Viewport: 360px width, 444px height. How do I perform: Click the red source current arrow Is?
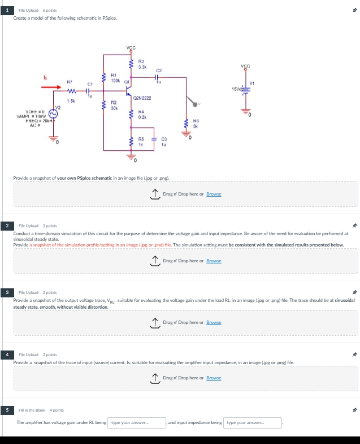pos(51,87)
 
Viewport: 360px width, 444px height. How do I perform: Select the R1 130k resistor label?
pos(115,78)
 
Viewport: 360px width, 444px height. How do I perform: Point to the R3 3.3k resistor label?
pos(142,64)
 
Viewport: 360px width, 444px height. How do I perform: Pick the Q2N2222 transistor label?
pos(142,98)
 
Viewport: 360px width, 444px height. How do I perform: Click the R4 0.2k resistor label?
pos(142,114)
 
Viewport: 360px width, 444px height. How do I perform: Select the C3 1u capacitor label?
pos(164,142)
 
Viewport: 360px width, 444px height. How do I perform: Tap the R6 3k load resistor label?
pos(196,123)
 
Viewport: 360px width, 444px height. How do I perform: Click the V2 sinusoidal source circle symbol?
pos(53,114)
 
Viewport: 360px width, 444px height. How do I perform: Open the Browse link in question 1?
pos(214,194)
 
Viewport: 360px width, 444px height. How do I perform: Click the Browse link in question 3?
pos(214,323)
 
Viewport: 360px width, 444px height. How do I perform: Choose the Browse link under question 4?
pos(214,378)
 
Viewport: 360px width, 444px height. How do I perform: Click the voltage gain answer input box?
pos(137,423)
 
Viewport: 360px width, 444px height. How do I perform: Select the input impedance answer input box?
pos(253,423)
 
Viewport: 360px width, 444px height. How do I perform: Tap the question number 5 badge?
pos(7,410)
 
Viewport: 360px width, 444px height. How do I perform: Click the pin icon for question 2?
pos(355,226)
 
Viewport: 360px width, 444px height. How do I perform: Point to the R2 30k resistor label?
pos(114,105)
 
